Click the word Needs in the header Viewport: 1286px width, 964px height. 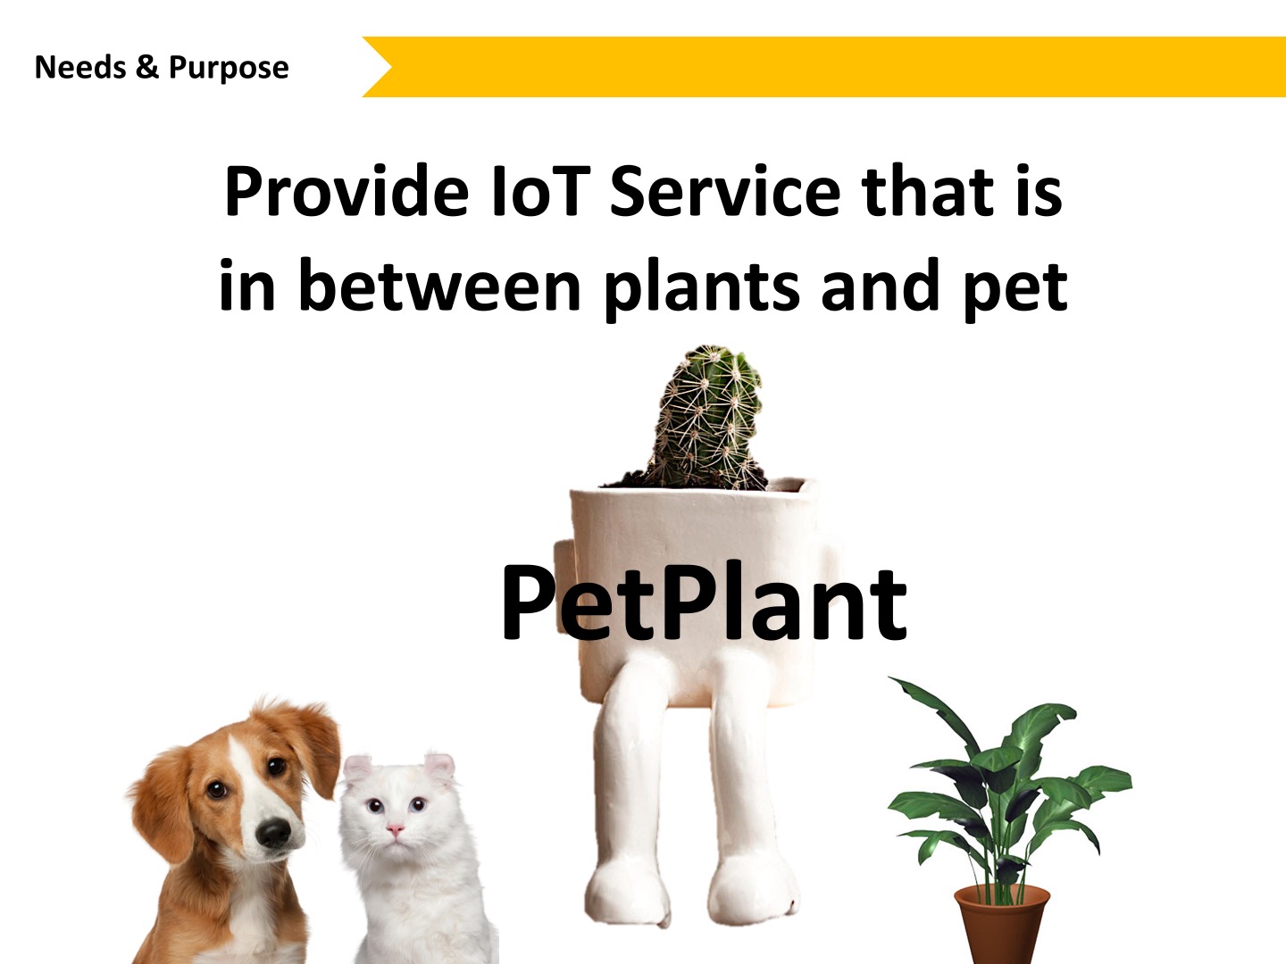80,67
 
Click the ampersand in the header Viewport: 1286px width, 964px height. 147,67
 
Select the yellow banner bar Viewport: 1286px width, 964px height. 823,67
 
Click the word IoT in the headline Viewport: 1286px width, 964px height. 539,192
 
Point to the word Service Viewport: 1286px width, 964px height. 725,192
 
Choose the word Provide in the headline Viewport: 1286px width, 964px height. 347,192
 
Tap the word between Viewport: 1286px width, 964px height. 439,287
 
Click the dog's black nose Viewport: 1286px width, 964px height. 274,832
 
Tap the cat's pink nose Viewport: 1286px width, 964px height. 396,829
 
